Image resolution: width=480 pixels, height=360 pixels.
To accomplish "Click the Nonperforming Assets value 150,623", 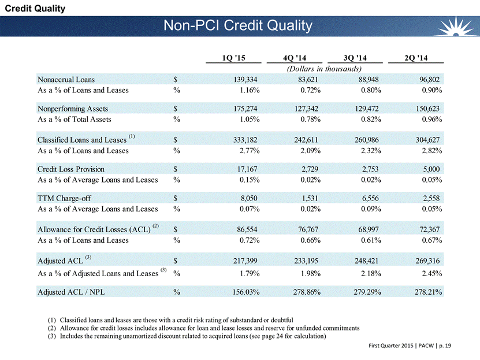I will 425,108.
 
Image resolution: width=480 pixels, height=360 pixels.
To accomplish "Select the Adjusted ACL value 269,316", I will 425,259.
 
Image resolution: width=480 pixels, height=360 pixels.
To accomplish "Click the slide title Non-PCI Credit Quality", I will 238,26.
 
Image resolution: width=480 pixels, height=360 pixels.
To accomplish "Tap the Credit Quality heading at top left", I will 33,8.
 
